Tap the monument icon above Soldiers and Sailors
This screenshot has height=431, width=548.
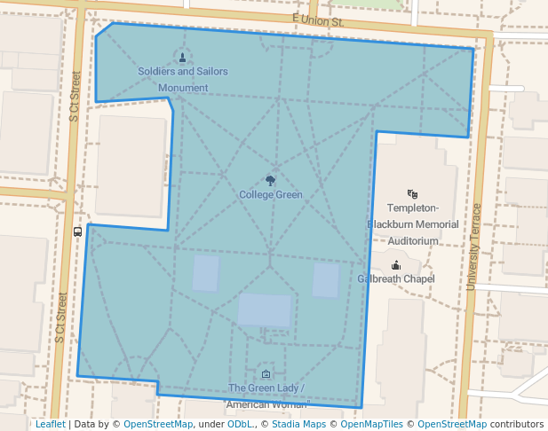tap(183, 59)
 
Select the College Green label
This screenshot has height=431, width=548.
tap(271, 194)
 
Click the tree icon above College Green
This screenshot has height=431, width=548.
tap(271, 181)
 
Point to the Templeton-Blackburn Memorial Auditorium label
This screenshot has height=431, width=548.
tap(413, 223)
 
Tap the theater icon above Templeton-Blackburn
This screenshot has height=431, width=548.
tap(412, 193)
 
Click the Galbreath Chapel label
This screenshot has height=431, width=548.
tap(396, 278)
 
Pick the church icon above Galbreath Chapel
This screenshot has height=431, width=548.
tap(395, 264)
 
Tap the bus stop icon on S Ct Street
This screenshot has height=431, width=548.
tap(78, 231)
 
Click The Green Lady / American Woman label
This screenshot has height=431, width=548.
tap(266, 396)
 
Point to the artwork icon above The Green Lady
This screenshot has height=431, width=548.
tap(266, 374)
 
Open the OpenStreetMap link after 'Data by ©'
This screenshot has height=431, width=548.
tap(158, 424)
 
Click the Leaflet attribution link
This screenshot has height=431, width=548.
tap(50, 424)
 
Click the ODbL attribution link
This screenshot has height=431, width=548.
tap(240, 424)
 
